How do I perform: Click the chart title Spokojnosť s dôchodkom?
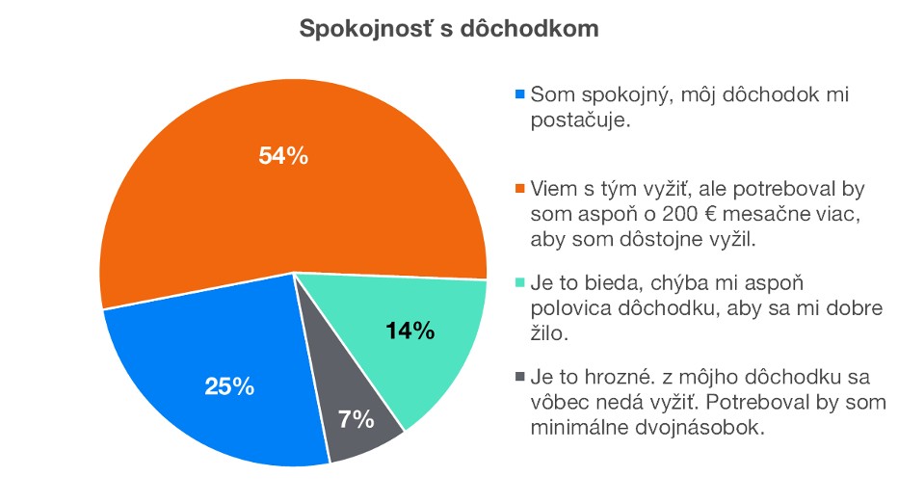(449, 29)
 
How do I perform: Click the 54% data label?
(283, 155)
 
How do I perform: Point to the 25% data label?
(229, 387)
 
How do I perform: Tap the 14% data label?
(410, 332)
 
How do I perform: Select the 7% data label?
(356, 419)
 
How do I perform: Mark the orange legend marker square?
(521, 187)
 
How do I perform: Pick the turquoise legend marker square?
(521, 282)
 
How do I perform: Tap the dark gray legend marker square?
(521, 376)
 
